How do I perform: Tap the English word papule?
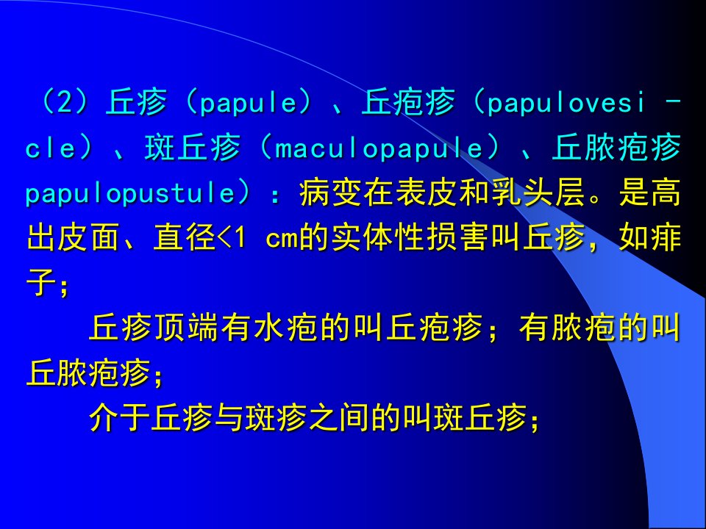[249, 104]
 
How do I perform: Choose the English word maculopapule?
[378, 148]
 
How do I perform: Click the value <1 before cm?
[232, 237]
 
